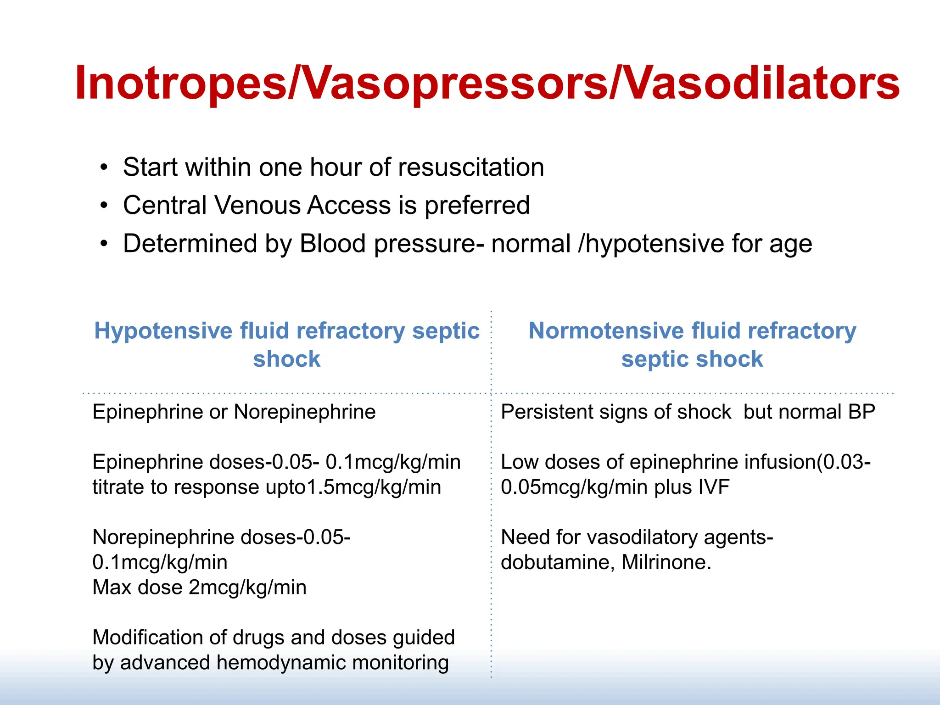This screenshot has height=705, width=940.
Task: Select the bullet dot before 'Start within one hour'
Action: (x=104, y=167)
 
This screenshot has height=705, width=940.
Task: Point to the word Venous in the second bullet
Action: (x=257, y=205)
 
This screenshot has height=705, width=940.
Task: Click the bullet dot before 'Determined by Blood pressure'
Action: (x=104, y=244)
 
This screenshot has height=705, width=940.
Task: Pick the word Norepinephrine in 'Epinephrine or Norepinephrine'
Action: (x=305, y=412)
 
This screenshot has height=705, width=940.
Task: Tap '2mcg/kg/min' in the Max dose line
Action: (x=247, y=587)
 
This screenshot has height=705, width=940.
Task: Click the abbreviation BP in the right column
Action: (x=862, y=412)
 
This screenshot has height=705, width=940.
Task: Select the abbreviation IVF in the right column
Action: (x=714, y=487)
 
